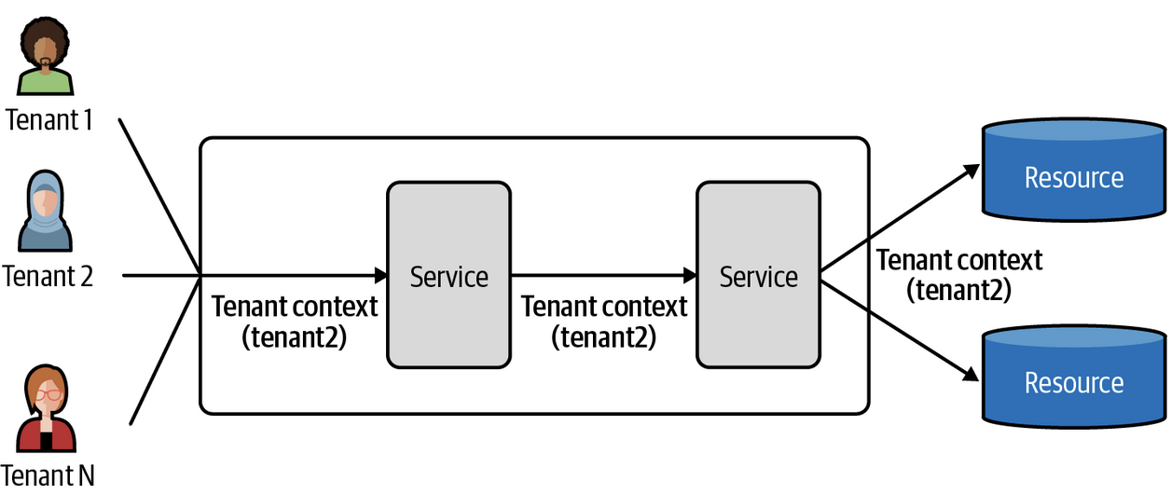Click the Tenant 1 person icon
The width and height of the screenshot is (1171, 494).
click(x=45, y=58)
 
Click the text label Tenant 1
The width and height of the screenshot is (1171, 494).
click(x=48, y=119)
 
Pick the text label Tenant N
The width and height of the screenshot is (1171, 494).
click(x=48, y=474)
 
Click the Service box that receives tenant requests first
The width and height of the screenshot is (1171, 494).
click(x=448, y=275)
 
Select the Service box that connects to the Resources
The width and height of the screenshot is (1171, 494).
click(x=758, y=275)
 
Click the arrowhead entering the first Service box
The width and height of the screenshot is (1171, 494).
click(x=380, y=275)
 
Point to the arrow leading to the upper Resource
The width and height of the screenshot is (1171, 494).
click(x=900, y=220)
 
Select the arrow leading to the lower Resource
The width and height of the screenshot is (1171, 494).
click(x=900, y=330)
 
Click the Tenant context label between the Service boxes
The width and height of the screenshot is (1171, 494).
click(x=603, y=321)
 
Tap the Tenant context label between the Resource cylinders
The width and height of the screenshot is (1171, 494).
click(x=959, y=274)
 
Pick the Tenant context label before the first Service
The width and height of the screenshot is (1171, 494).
click(x=295, y=321)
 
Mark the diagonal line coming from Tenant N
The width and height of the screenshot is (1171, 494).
click(x=163, y=349)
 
